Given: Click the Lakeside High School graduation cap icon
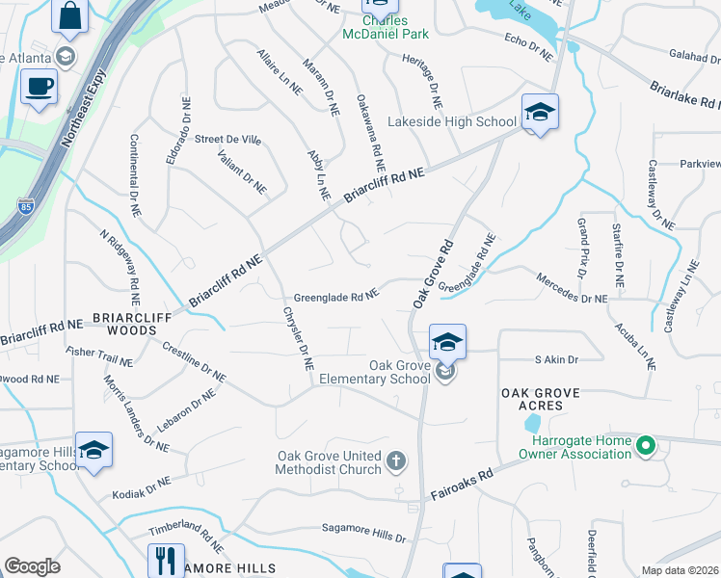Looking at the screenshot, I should coord(540,113).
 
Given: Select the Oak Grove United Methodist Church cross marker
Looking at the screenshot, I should coord(395,463).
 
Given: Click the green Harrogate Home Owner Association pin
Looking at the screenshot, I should coord(647,446).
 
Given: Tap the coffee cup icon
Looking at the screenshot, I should coord(40,87).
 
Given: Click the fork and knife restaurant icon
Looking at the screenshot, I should coord(166,561).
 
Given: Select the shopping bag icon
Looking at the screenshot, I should coord(69,13).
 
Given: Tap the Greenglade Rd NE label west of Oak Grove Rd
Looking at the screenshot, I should coord(334,298).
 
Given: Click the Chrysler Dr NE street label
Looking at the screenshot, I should coord(297,338).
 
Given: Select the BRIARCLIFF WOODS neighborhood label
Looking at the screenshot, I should coord(124,323).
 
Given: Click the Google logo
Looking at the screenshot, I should coord(32,566).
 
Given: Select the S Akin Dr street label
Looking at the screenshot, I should coord(556,359).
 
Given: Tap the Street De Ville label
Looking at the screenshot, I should coord(228,140).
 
